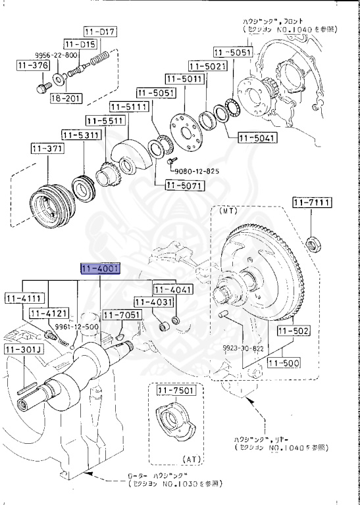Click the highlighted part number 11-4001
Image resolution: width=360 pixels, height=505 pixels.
coord(99,270)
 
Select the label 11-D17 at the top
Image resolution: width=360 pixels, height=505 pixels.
coord(100,32)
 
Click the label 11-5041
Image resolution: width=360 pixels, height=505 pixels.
coord(257,138)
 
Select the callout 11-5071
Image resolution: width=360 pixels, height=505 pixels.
coord(174,195)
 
